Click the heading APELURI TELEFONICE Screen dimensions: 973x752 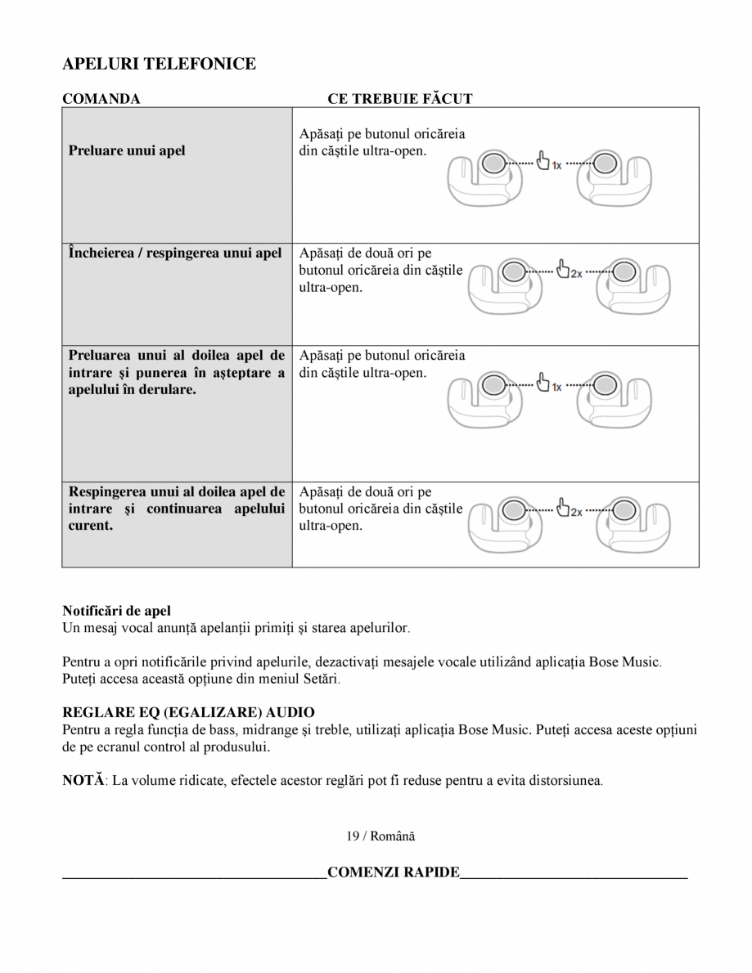(159, 64)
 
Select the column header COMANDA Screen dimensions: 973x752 (101, 99)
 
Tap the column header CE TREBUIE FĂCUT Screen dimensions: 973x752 (400, 99)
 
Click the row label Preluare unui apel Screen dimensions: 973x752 (127, 150)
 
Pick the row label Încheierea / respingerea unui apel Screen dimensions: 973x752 (175, 253)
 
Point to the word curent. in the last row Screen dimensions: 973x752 (91, 526)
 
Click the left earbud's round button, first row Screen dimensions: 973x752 (491, 164)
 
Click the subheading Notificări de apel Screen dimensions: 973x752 (116, 611)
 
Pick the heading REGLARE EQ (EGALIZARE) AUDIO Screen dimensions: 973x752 (188, 713)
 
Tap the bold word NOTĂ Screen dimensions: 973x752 (83, 780)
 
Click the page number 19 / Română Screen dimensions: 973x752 (380, 836)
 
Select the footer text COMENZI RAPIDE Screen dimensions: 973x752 (393, 872)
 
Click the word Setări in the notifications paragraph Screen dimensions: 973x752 (316, 679)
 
